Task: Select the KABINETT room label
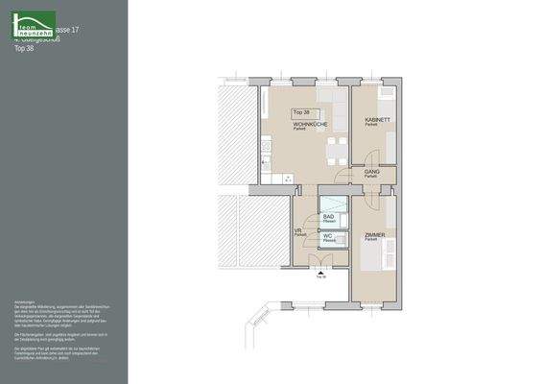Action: click(377, 120)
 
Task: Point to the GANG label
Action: click(370, 172)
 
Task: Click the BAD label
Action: click(328, 218)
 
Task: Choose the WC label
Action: click(327, 235)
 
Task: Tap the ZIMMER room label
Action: click(374, 235)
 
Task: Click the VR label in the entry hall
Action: click(298, 231)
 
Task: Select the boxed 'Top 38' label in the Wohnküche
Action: click(301, 112)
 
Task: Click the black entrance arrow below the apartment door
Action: click(319, 269)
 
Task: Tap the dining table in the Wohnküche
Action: click(333, 149)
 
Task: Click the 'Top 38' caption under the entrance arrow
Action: click(320, 276)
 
